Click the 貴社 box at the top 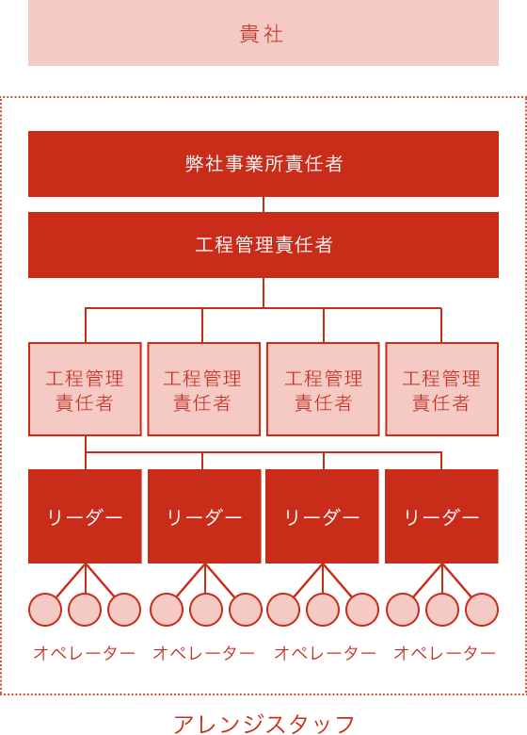[x=263, y=33]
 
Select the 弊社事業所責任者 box [x=263, y=164]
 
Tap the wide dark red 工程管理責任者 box [x=263, y=245]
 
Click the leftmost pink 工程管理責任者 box [x=85, y=389]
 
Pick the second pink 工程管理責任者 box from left [x=203, y=389]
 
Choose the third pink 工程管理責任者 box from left [x=323, y=389]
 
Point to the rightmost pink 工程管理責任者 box [x=441, y=389]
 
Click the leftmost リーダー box [x=85, y=516]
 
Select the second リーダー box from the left [x=204, y=516]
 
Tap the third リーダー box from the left [x=322, y=516]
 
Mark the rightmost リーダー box [x=441, y=516]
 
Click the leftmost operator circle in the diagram [x=45, y=610]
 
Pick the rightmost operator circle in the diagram [x=482, y=610]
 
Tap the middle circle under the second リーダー [x=206, y=610]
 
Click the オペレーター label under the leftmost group [x=85, y=652]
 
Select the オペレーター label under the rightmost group [x=444, y=652]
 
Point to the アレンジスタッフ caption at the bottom [x=263, y=725]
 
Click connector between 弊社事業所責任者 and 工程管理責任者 [x=263, y=204]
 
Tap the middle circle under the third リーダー [x=323, y=610]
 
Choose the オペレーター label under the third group [x=326, y=652]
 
